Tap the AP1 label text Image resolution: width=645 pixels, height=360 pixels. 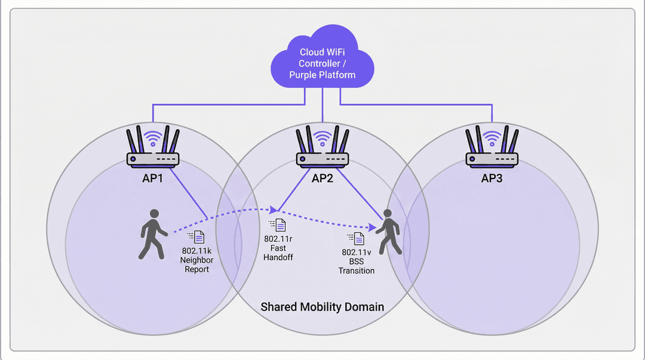(153, 178)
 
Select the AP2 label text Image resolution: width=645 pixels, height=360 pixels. (322, 178)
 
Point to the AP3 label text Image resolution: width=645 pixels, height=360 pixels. (492, 178)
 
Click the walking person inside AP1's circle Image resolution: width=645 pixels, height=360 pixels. (153, 235)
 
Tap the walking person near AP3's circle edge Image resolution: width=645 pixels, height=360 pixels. (389, 232)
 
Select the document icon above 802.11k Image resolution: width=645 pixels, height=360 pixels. (196, 237)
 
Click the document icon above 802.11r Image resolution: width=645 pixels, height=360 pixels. (278, 225)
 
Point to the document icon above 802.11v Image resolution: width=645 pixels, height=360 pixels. (356, 239)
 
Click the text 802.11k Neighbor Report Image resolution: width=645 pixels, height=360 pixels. (196, 260)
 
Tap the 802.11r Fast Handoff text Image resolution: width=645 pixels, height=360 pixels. (278, 248)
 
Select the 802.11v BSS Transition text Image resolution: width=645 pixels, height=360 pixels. (356, 261)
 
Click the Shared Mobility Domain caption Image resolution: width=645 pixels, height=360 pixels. (322, 307)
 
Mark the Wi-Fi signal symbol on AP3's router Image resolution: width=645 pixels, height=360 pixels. (492, 139)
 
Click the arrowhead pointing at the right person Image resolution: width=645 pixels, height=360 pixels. (373, 227)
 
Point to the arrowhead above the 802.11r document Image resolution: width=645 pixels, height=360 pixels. (274, 210)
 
